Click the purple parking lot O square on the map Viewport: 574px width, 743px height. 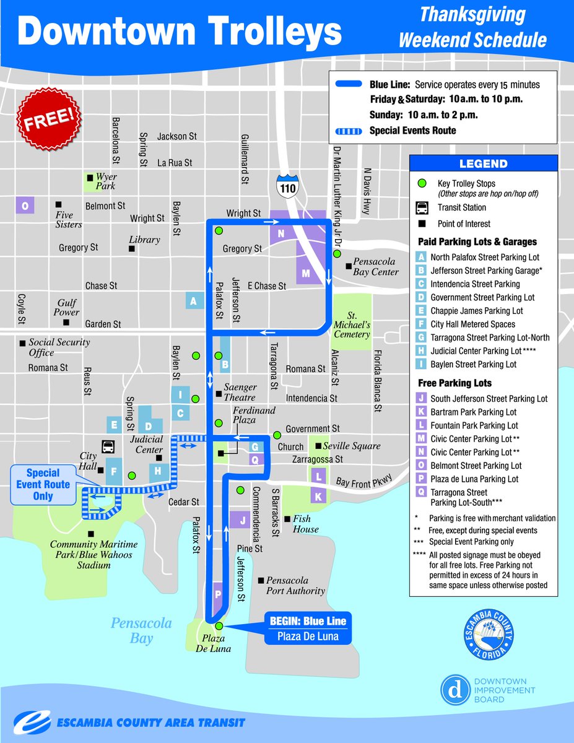tap(25, 206)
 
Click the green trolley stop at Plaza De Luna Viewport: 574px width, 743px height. tap(219, 625)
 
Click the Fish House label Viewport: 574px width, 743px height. tap(306, 524)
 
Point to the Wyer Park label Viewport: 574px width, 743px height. tap(105, 181)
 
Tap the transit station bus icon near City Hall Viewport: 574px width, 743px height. tap(108, 446)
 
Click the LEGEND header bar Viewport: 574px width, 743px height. tap(483, 164)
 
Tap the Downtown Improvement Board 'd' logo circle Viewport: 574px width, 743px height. tap(455, 690)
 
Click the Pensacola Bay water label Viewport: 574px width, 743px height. tap(141, 630)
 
